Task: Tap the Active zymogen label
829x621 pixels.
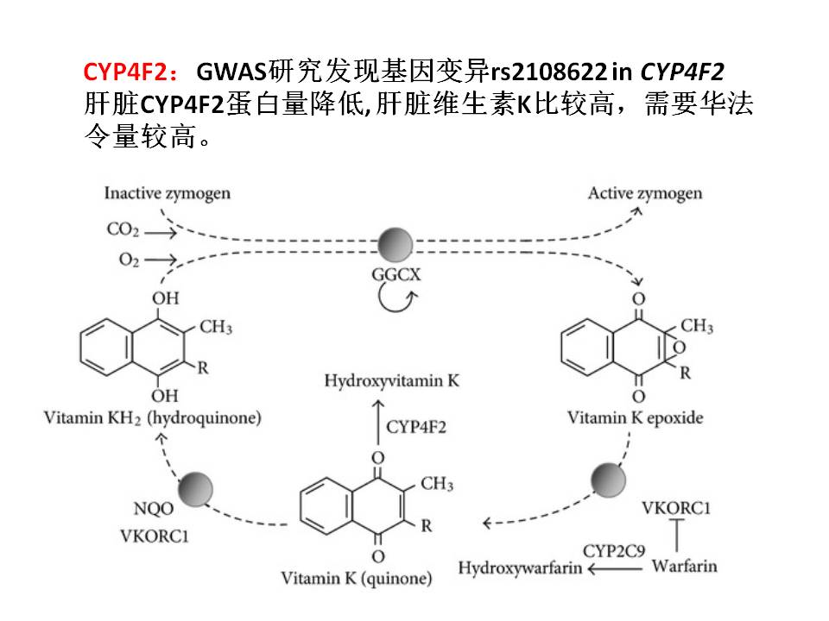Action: click(644, 193)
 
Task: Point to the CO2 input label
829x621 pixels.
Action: click(123, 230)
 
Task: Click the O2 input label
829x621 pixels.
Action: click(123, 260)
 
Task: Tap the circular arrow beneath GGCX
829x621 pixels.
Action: click(396, 301)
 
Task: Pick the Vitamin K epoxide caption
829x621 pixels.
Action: click(635, 418)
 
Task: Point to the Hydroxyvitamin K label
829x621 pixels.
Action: click(392, 380)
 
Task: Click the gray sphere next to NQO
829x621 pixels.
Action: click(195, 489)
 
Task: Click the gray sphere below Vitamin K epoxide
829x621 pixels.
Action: click(609, 479)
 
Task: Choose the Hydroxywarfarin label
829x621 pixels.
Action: click(520, 568)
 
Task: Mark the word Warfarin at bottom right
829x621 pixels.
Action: click(684, 567)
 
